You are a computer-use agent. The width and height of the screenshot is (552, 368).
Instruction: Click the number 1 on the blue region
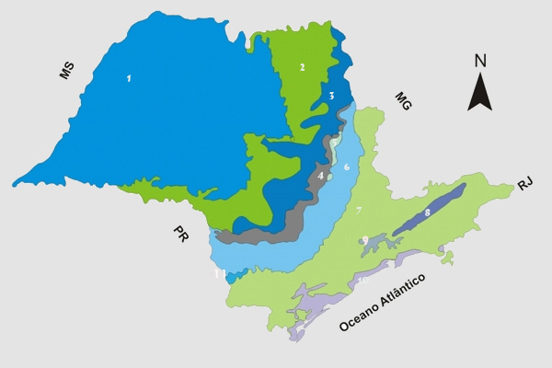pyautogui.click(x=129, y=79)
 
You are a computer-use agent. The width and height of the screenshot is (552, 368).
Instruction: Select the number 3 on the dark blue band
pyautogui.click(x=331, y=97)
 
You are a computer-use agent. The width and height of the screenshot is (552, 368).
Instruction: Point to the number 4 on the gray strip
pyautogui.click(x=320, y=175)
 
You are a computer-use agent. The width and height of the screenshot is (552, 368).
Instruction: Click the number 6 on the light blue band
pyautogui.click(x=346, y=167)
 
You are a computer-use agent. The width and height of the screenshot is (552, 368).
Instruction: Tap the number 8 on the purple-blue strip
pyautogui.click(x=427, y=213)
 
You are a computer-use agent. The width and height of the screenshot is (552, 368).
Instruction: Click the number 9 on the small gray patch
pyautogui.click(x=365, y=240)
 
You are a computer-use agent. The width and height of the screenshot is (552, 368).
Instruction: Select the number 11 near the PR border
pyautogui.click(x=218, y=274)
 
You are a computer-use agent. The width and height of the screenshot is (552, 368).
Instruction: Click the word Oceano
pyautogui.click(x=361, y=311)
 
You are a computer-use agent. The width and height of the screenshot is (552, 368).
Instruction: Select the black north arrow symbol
pyautogui.click(x=479, y=91)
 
